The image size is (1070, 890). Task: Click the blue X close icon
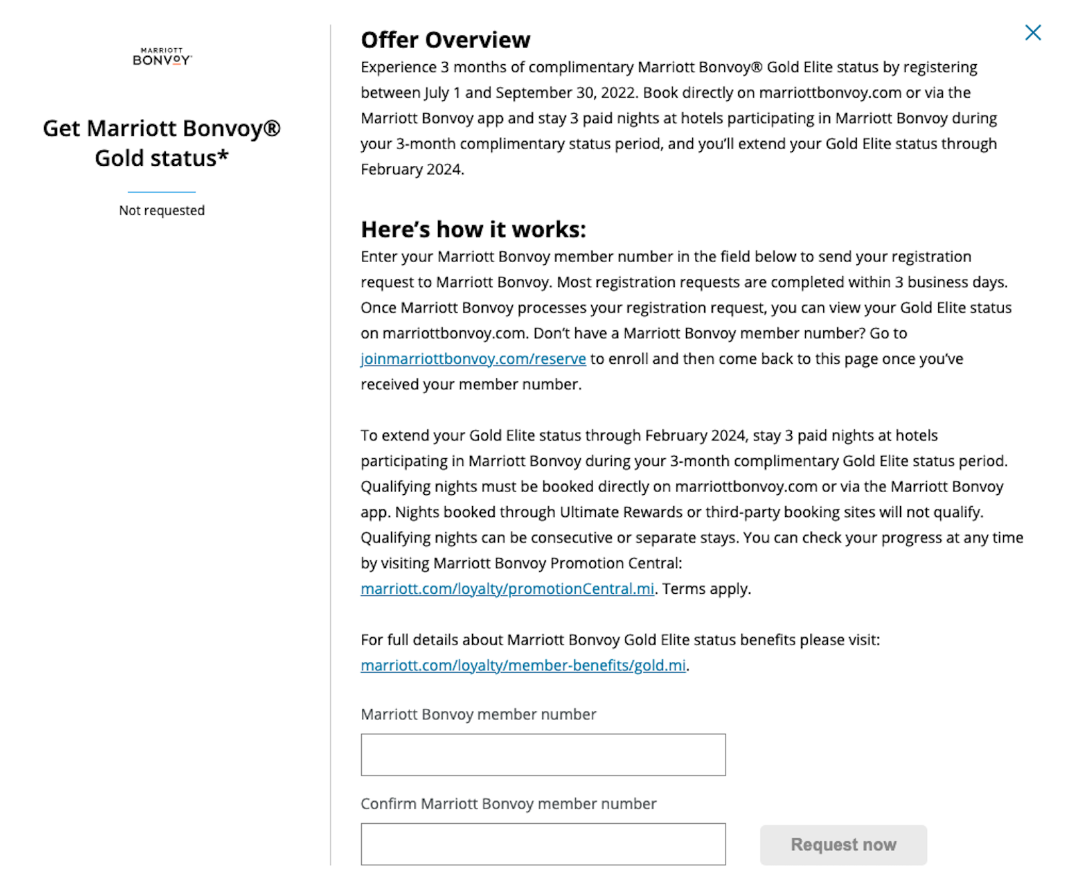[x=1033, y=33]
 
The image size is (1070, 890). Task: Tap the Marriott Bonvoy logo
[x=162, y=57]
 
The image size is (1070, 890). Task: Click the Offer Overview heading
[x=445, y=40]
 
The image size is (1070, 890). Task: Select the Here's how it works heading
[x=473, y=229]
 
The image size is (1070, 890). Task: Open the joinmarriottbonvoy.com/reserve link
[x=473, y=359]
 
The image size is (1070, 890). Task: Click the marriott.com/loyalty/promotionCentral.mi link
[x=507, y=589]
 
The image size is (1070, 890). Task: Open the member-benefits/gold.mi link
[x=523, y=666]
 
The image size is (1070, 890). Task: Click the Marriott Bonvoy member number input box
[x=542, y=755]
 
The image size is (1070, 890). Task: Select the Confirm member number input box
[x=542, y=844]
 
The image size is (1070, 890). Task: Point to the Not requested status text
[x=162, y=211]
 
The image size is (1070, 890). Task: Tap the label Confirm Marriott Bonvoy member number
[x=508, y=804]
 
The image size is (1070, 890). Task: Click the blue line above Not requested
[x=162, y=192]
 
